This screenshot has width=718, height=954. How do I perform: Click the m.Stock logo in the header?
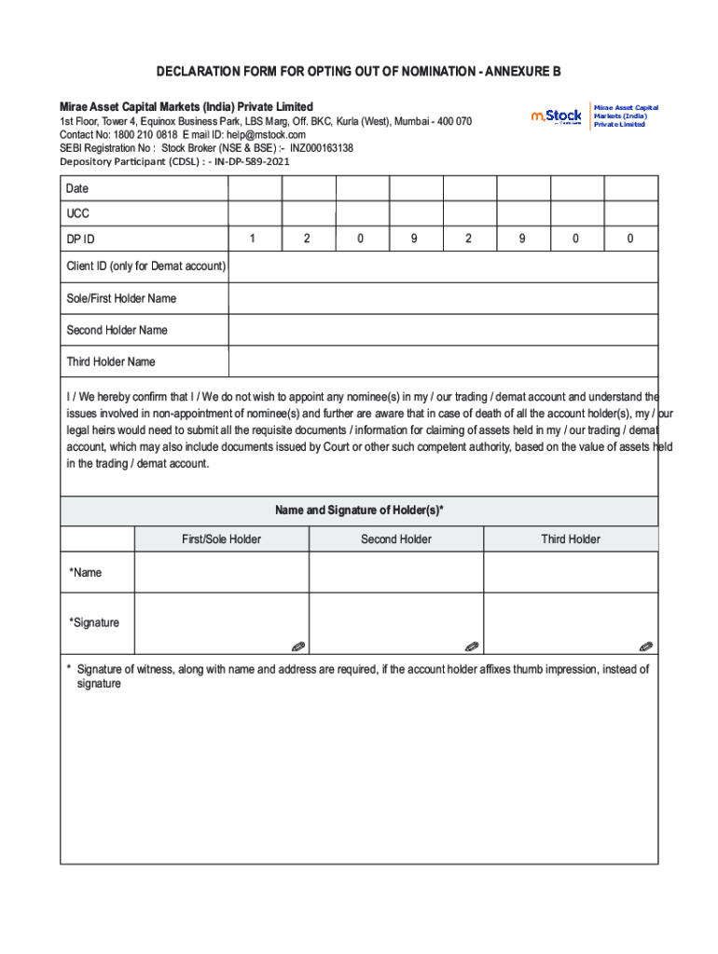557,116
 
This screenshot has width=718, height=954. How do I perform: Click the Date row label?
77,189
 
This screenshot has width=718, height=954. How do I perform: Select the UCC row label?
78,213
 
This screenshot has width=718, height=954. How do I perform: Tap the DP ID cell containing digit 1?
253,239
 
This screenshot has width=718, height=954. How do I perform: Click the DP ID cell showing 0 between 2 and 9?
361,239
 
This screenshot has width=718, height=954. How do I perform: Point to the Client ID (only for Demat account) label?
145,266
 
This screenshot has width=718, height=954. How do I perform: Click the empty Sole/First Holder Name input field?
443,298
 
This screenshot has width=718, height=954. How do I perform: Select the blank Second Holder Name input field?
443,330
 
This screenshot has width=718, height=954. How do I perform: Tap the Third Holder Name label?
111,361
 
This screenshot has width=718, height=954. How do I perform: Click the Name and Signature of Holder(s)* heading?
359,511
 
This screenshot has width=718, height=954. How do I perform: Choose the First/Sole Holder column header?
222,539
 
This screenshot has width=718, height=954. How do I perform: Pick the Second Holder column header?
396,539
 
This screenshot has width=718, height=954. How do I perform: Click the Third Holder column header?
571,539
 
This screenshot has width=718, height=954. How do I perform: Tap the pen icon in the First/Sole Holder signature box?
297,646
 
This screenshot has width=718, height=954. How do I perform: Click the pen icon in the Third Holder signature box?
646,646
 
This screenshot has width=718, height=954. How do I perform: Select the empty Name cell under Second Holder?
396,572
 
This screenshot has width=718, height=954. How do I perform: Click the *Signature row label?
94,622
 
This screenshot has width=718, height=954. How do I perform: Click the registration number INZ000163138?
322,147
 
